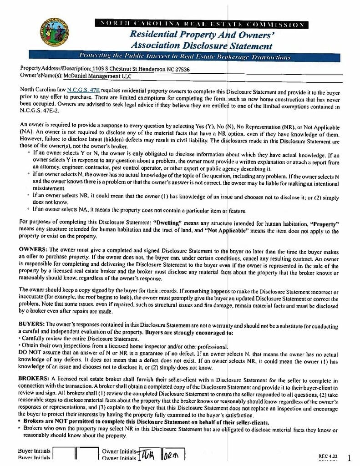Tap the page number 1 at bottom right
[x=349, y=457]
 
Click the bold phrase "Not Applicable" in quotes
[x=228, y=231]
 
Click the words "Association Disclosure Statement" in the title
[x=201, y=46]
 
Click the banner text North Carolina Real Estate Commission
[x=203, y=24]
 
